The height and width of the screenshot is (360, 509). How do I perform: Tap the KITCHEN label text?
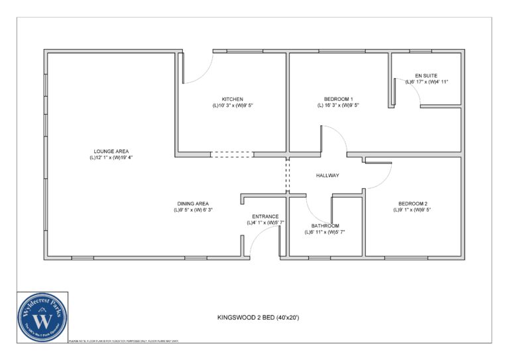[x=232, y=99]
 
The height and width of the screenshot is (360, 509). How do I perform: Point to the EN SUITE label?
[x=426, y=75]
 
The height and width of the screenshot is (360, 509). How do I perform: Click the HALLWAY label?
[x=327, y=176]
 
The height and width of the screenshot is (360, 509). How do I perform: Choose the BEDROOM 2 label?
[x=413, y=204]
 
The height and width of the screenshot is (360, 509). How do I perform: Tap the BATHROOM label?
[x=325, y=225]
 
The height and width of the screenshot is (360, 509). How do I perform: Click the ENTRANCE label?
[x=265, y=216]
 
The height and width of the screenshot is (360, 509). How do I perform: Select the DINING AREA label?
[x=193, y=204]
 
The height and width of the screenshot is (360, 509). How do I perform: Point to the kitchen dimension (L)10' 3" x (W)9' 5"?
[x=232, y=105]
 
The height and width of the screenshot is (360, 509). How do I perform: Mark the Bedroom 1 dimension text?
[x=338, y=105]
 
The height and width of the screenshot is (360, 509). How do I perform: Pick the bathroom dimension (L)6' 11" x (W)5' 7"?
[x=325, y=232]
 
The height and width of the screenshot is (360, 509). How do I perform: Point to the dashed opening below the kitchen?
[x=231, y=154]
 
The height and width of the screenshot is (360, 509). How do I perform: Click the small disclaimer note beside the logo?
[x=123, y=341]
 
